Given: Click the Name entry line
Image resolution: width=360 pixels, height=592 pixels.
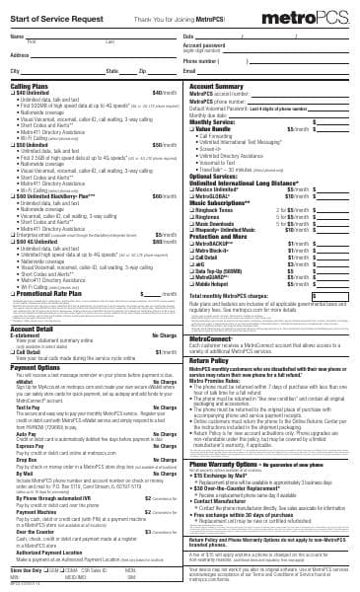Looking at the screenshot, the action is pos(99,37).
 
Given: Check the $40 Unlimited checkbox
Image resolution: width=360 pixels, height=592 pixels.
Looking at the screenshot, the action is pos(13,92).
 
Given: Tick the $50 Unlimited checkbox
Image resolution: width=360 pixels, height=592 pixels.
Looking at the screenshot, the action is pos(13,143).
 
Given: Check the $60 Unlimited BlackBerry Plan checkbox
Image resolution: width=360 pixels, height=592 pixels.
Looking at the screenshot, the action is pos(13,195).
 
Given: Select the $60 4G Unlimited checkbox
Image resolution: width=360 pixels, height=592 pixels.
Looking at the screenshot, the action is pos(13,242).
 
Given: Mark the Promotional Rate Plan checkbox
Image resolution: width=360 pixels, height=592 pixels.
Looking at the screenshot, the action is pos(13,293).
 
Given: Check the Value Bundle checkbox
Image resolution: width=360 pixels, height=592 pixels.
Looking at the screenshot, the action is pos(193,128).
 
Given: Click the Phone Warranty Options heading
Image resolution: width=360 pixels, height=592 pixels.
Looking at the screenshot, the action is pos(228,463).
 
